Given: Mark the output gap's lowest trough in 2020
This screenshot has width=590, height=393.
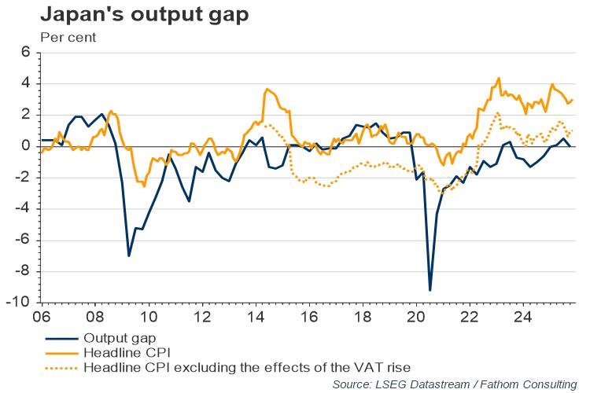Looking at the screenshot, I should click(430, 290).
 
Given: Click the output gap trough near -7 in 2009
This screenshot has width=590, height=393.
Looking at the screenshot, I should click(128, 255).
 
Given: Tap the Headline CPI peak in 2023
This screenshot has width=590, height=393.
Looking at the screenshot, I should click(499, 79).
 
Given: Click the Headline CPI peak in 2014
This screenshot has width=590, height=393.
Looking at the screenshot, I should click(267, 89).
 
